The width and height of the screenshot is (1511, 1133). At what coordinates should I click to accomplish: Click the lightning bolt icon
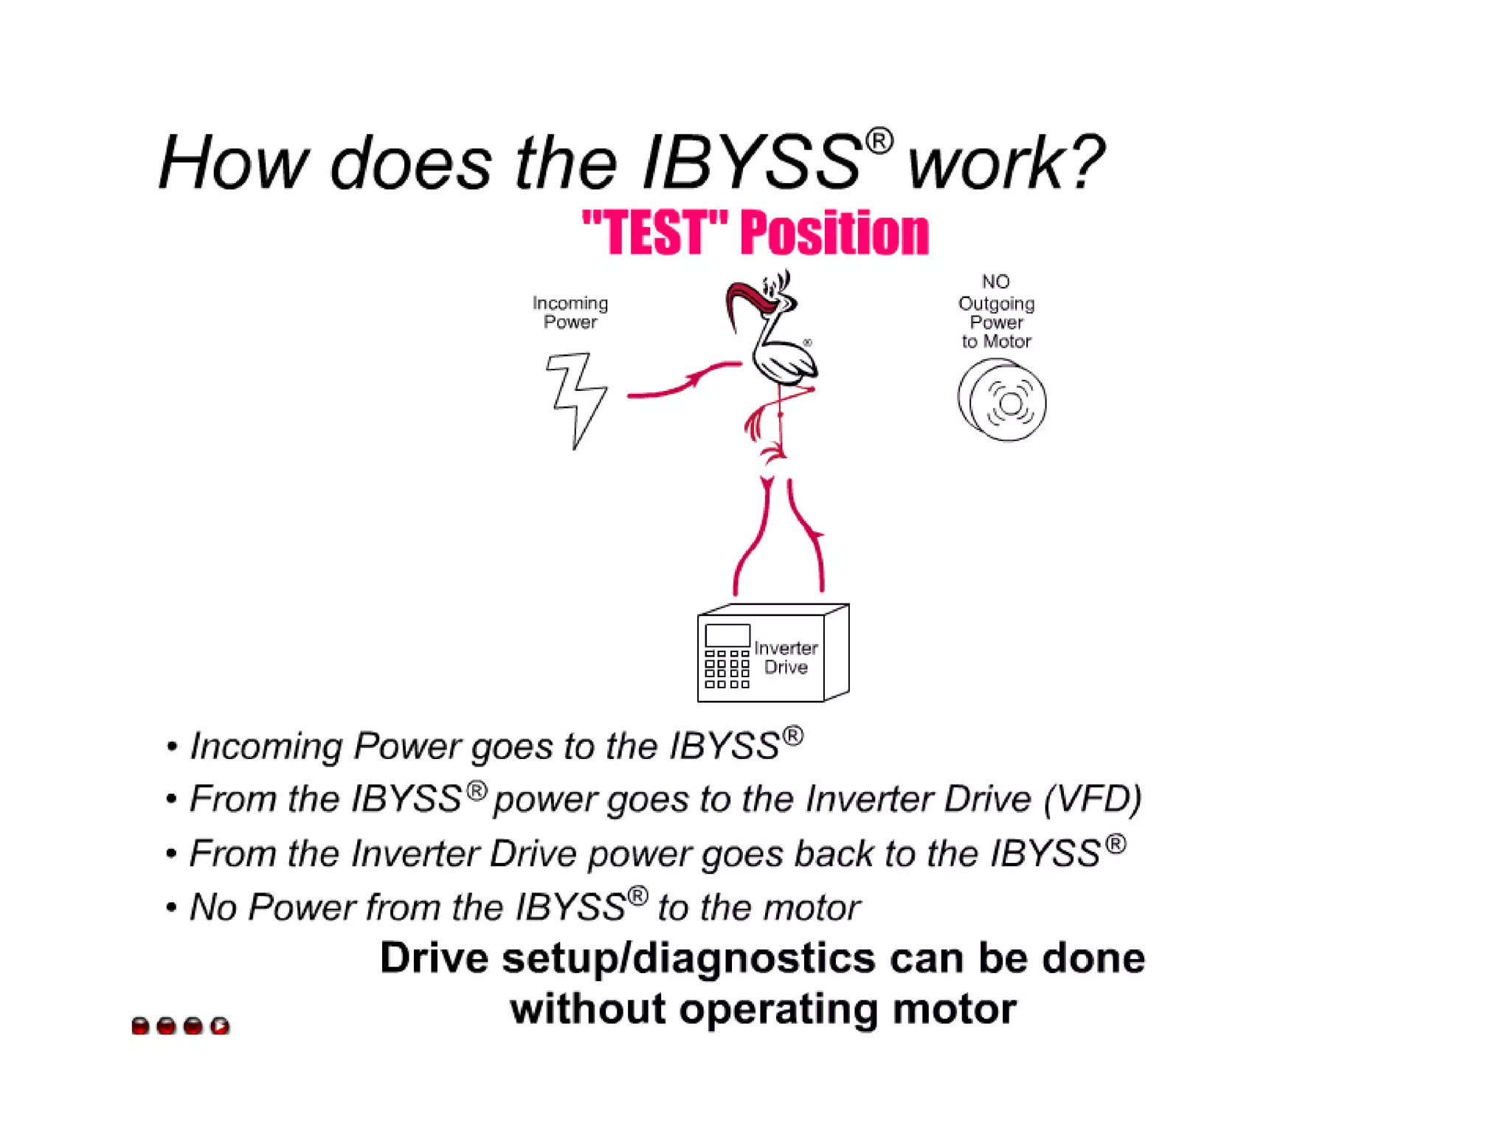[576, 399]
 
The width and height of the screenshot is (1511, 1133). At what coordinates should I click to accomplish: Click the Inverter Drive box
[772, 654]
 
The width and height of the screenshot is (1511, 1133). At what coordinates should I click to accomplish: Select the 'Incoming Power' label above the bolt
[570, 313]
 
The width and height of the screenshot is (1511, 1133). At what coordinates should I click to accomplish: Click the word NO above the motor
[995, 282]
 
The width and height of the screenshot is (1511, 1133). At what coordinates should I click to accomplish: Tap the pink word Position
[834, 233]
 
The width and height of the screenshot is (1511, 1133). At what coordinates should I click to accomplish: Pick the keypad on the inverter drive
[727, 669]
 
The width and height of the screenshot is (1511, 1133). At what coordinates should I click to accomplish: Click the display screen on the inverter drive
[727, 635]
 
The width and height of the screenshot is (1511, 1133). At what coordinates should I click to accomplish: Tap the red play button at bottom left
[220, 1025]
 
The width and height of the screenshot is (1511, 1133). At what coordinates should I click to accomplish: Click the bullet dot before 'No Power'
[171, 907]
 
